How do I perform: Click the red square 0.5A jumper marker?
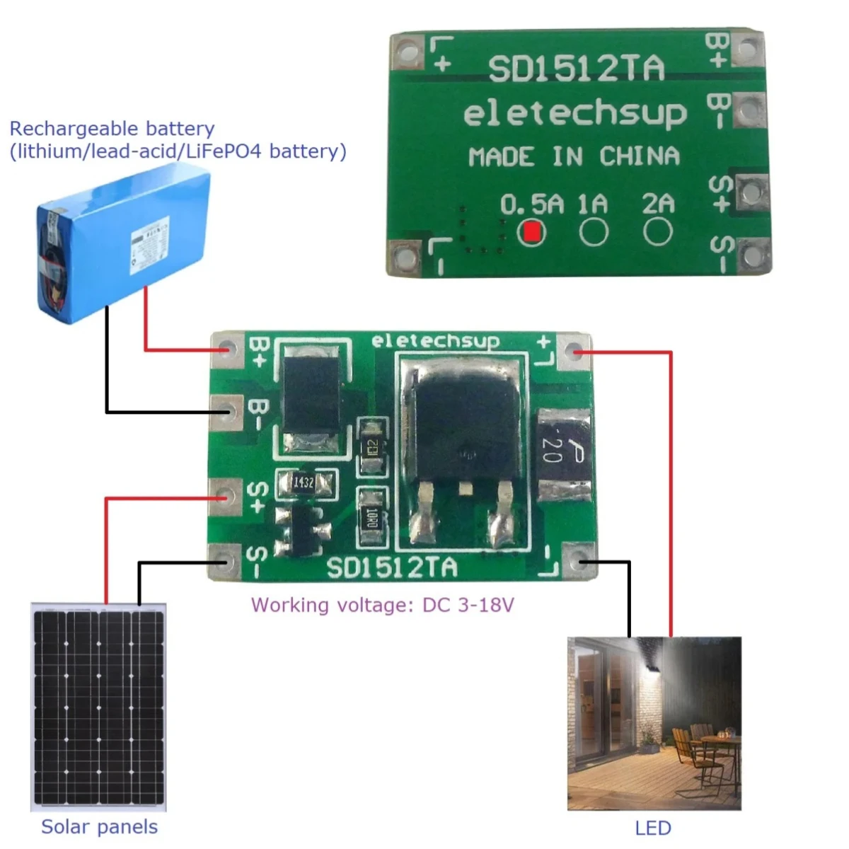(x=531, y=231)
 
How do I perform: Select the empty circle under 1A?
(x=594, y=232)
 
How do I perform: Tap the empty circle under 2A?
(x=657, y=231)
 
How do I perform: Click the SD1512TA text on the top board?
(x=576, y=69)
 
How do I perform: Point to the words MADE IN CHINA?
(x=574, y=156)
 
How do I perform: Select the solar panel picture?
(x=99, y=707)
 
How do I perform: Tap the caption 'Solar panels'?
(x=99, y=826)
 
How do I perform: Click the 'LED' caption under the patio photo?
(x=652, y=828)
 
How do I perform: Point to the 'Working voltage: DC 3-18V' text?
(x=382, y=606)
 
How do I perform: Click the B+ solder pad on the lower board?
(x=227, y=350)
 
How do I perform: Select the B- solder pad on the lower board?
(x=227, y=410)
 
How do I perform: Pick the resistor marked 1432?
(x=304, y=483)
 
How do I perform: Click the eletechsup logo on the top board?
(x=574, y=115)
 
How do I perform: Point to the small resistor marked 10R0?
(x=371, y=518)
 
